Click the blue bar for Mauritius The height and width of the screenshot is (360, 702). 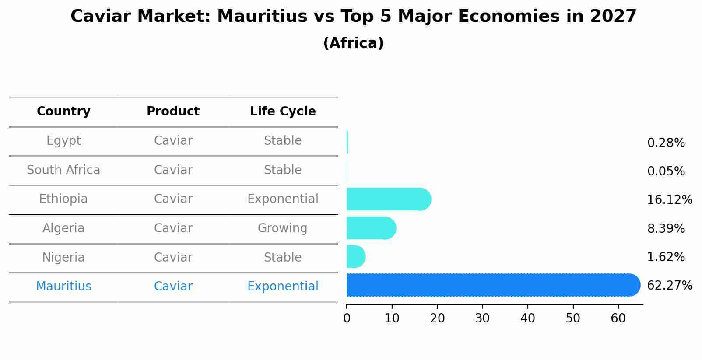(x=492, y=285)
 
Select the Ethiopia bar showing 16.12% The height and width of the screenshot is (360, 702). (x=388, y=199)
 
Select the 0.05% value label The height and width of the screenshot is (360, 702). (x=666, y=171)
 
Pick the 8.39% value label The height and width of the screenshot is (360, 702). (x=666, y=228)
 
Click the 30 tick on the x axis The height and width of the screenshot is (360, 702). (x=482, y=318)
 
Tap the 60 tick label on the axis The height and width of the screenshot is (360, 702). (x=618, y=318)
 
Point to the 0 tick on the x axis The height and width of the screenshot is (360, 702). (x=347, y=318)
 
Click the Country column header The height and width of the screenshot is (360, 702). (x=63, y=112)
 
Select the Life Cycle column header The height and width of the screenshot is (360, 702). (x=283, y=112)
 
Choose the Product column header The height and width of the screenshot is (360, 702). (x=173, y=112)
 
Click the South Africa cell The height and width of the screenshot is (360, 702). (x=63, y=170)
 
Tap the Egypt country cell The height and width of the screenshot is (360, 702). (x=63, y=141)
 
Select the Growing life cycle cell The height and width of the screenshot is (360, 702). (x=282, y=228)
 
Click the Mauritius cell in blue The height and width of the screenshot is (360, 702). (x=63, y=287)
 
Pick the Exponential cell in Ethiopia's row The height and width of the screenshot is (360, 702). (x=283, y=199)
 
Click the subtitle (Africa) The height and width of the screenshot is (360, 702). (x=353, y=43)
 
